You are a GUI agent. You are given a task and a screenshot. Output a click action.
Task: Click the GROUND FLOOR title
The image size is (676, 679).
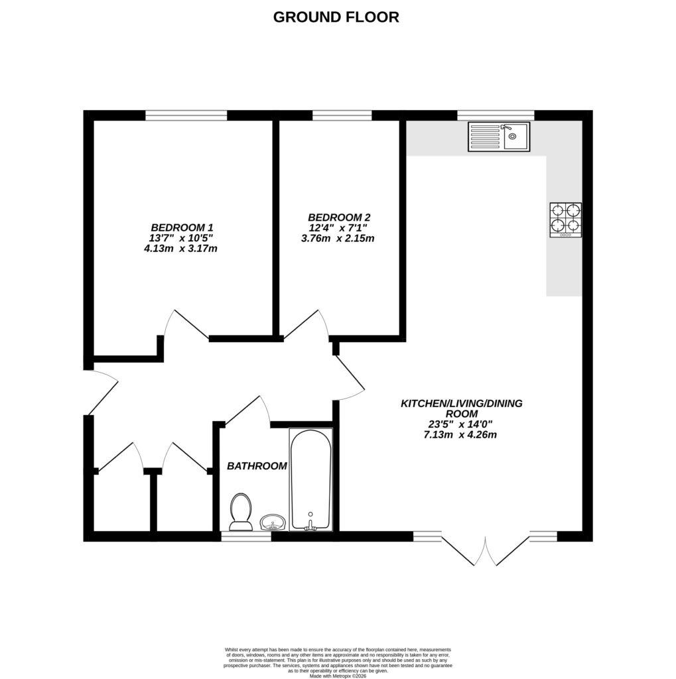pyautogui.click(x=336, y=17)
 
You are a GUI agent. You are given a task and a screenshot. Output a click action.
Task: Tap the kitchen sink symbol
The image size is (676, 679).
pyautogui.click(x=498, y=137)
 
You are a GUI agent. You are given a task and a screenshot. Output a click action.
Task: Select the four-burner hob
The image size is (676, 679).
pyautogui.click(x=565, y=220)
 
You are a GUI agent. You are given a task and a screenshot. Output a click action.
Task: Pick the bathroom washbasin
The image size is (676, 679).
pyautogui.click(x=272, y=523)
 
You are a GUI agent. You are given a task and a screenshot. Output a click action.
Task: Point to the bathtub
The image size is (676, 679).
pyautogui.click(x=310, y=479)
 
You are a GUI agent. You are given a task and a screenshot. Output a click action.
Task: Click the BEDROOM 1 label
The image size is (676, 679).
pyautogui.click(x=181, y=226)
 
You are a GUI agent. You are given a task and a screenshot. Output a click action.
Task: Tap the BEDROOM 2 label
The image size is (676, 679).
pyautogui.click(x=338, y=217)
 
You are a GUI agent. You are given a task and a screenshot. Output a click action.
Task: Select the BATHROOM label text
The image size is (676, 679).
pyautogui.click(x=257, y=466)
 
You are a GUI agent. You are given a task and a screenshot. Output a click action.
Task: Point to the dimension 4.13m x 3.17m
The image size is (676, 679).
pyautogui.click(x=182, y=249)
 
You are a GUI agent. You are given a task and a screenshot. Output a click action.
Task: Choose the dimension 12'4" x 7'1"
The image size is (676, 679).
pyautogui.click(x=338, y=228)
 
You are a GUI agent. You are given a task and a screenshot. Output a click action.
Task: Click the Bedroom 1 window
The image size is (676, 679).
pyautogui.click(x=186, y=115)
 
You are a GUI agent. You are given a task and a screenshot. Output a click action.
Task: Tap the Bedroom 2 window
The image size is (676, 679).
pyautogui.click(x=342, y=115)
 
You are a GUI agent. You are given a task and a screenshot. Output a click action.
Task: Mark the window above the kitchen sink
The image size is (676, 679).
pyautogui.click(x=496, y=115)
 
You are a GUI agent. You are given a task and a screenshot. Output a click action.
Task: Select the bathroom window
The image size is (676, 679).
pyautogui.click(x=246, y=536)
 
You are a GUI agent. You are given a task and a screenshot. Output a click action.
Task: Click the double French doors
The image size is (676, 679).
pyautogui.click(x=486, y=550)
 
